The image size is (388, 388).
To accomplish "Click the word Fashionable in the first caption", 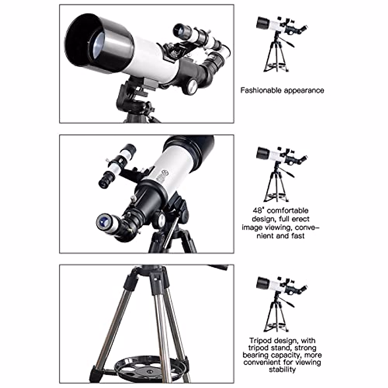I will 261,90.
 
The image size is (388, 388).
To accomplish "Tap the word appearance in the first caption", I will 304,90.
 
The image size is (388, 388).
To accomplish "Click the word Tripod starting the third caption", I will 261,340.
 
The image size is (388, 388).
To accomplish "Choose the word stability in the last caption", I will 282,370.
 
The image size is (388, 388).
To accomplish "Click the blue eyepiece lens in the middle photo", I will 104,222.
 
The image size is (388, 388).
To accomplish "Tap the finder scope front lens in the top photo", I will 179,31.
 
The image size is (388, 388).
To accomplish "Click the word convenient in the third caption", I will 263,362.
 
